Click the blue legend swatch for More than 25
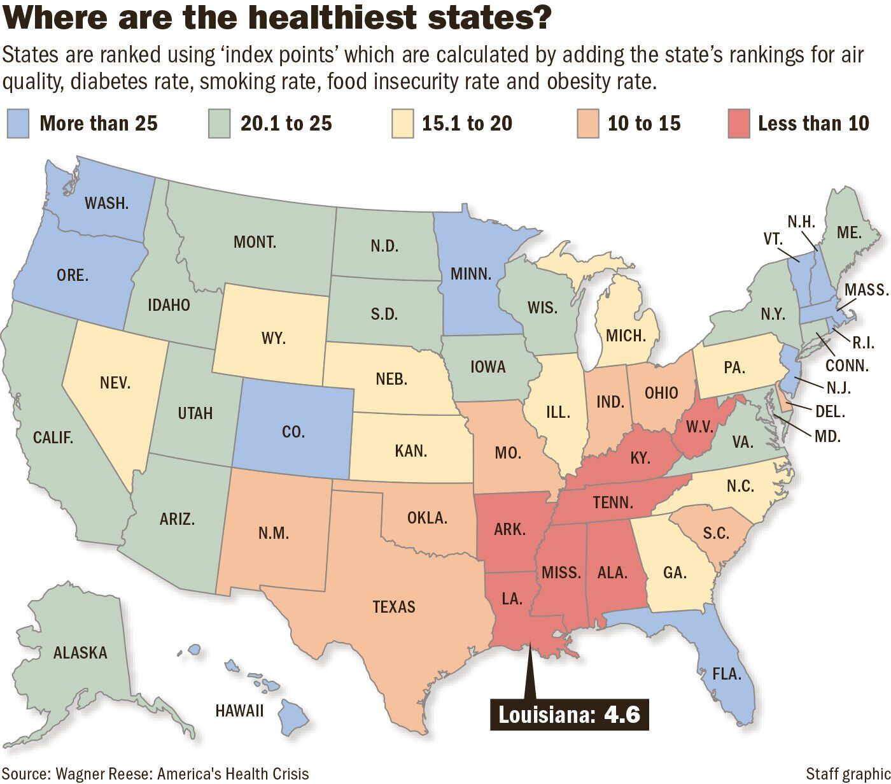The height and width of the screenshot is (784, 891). click(18, 124)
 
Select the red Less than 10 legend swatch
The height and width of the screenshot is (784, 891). click(738, 124)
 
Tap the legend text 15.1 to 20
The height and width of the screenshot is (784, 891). click(467, 123)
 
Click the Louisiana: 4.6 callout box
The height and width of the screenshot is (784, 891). click(568, 714)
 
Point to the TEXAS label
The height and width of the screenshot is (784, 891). click(394, 606)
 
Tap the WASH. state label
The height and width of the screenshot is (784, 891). click(107, 203)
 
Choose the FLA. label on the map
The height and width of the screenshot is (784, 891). click(726, 673)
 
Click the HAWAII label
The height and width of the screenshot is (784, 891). click(239, 710)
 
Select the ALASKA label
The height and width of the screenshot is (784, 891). click(80, 652)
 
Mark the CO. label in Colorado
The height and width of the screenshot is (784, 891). click(293, 432)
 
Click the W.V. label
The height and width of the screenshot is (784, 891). click(699, 426)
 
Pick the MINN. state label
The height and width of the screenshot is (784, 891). click(471, 274)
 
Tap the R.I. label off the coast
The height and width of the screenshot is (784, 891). click(863, 342)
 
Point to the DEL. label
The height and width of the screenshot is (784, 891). click(830, 412)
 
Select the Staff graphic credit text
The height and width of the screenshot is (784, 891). click(847, 774)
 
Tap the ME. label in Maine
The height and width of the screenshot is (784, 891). click(849, 232)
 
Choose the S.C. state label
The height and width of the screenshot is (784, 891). click(717, 533)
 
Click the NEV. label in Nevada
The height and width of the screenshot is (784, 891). click(115, 382)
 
